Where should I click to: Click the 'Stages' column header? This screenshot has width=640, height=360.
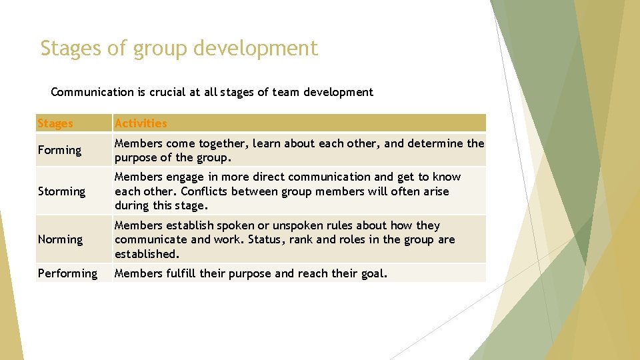[55, 123]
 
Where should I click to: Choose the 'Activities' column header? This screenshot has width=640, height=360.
[141, 123]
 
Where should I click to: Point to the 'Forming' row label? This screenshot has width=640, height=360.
[59, 151]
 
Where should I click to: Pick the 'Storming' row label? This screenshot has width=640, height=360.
[61, 191]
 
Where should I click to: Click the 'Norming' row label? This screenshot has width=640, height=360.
[60, 239]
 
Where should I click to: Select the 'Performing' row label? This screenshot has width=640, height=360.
[67, 273]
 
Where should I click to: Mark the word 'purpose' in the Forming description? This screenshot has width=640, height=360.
[135, 158]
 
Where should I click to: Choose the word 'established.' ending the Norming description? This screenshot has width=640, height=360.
[147, 254]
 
